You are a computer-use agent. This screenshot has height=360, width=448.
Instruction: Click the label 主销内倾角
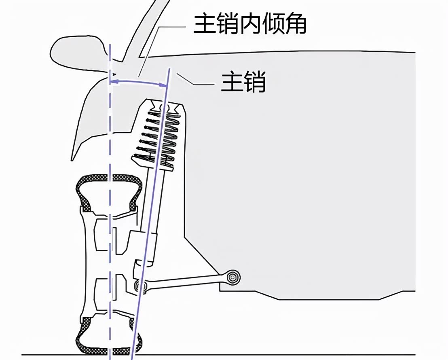250,24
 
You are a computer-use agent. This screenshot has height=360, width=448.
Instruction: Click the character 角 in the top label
296,24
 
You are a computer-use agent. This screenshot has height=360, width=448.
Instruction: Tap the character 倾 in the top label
273,24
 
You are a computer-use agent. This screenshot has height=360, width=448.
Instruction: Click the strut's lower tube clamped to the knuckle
147,246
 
